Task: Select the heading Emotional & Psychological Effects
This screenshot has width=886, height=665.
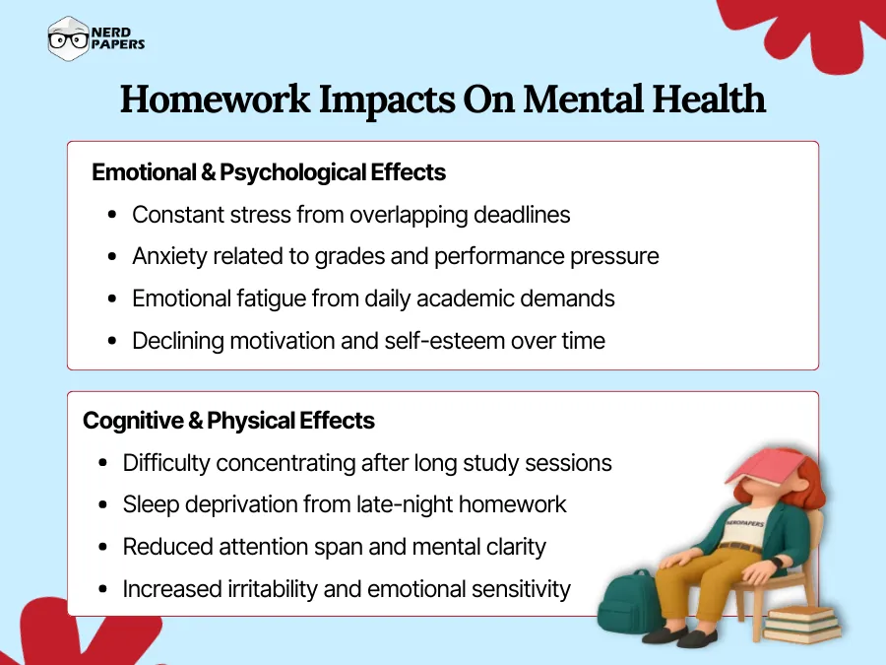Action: click(x=269, y=172)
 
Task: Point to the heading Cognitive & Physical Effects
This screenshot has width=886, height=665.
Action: click(x=228, y=421)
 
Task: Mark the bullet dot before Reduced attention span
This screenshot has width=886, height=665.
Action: click(x=103, y=548)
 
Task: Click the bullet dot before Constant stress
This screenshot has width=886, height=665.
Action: click(x=112, y=216)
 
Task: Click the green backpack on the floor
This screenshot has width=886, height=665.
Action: click(x=630, y=603)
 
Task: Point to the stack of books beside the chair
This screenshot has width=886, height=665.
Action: click(x=802, y=621)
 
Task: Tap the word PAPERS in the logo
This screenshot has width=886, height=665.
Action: click(x=118, y=45)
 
